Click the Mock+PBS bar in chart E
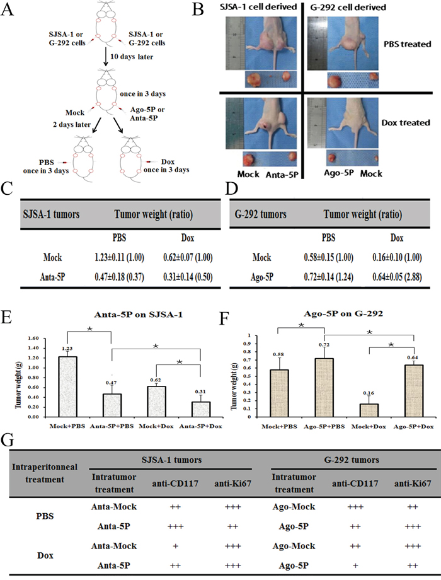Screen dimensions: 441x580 68,386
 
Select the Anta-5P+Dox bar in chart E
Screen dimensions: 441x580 201,410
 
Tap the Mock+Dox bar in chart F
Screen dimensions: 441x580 369,410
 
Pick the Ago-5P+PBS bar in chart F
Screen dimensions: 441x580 324,388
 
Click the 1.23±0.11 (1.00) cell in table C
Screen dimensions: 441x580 120,257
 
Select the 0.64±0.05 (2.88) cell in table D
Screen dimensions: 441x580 397,277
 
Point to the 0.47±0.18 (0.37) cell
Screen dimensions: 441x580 120,277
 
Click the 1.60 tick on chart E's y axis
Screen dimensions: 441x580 33,338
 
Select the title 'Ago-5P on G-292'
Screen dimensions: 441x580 343,314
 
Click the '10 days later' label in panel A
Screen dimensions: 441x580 132,57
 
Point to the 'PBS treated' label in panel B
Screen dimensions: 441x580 408,44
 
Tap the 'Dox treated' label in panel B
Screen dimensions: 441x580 406,122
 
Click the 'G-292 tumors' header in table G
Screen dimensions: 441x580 352,460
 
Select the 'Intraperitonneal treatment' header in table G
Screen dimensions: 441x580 45,473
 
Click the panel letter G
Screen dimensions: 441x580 8,441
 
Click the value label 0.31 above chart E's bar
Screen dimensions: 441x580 201,391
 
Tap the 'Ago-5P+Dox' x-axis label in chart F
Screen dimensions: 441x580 414,427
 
